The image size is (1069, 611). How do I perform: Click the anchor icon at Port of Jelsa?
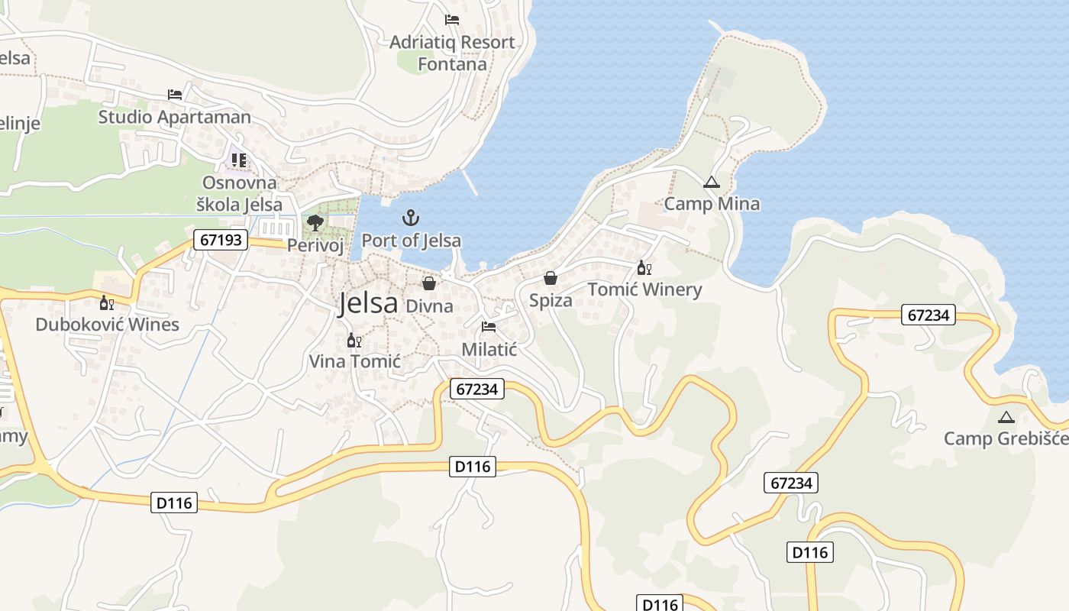click(412, 218)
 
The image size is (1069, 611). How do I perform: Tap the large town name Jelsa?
click(368, 303)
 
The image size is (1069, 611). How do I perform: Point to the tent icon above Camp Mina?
click(712, 183)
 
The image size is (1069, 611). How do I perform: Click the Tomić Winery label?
click(644, 289)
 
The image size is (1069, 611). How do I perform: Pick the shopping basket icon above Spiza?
click(550, 278)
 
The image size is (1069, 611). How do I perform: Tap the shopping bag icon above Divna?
click(429, 283)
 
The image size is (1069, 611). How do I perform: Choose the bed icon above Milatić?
click(489, 328)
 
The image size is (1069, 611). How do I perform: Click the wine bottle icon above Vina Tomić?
click(354, 340)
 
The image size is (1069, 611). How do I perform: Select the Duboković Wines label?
click(107, 325)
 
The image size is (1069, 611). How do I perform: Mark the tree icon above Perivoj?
click(315, 223)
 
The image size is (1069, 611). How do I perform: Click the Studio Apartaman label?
click(174, 117)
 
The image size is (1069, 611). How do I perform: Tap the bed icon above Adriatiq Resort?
click(452, 20)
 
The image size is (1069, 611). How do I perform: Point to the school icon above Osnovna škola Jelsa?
click(239, 160)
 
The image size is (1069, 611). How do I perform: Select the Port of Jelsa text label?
click(411, 241)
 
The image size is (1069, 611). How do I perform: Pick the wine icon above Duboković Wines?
click(106, 302)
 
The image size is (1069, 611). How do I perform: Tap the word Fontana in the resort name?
click(452, 64)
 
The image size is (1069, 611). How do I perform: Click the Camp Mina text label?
click(712, 204)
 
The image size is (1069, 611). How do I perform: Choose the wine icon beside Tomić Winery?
click(644, 267)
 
